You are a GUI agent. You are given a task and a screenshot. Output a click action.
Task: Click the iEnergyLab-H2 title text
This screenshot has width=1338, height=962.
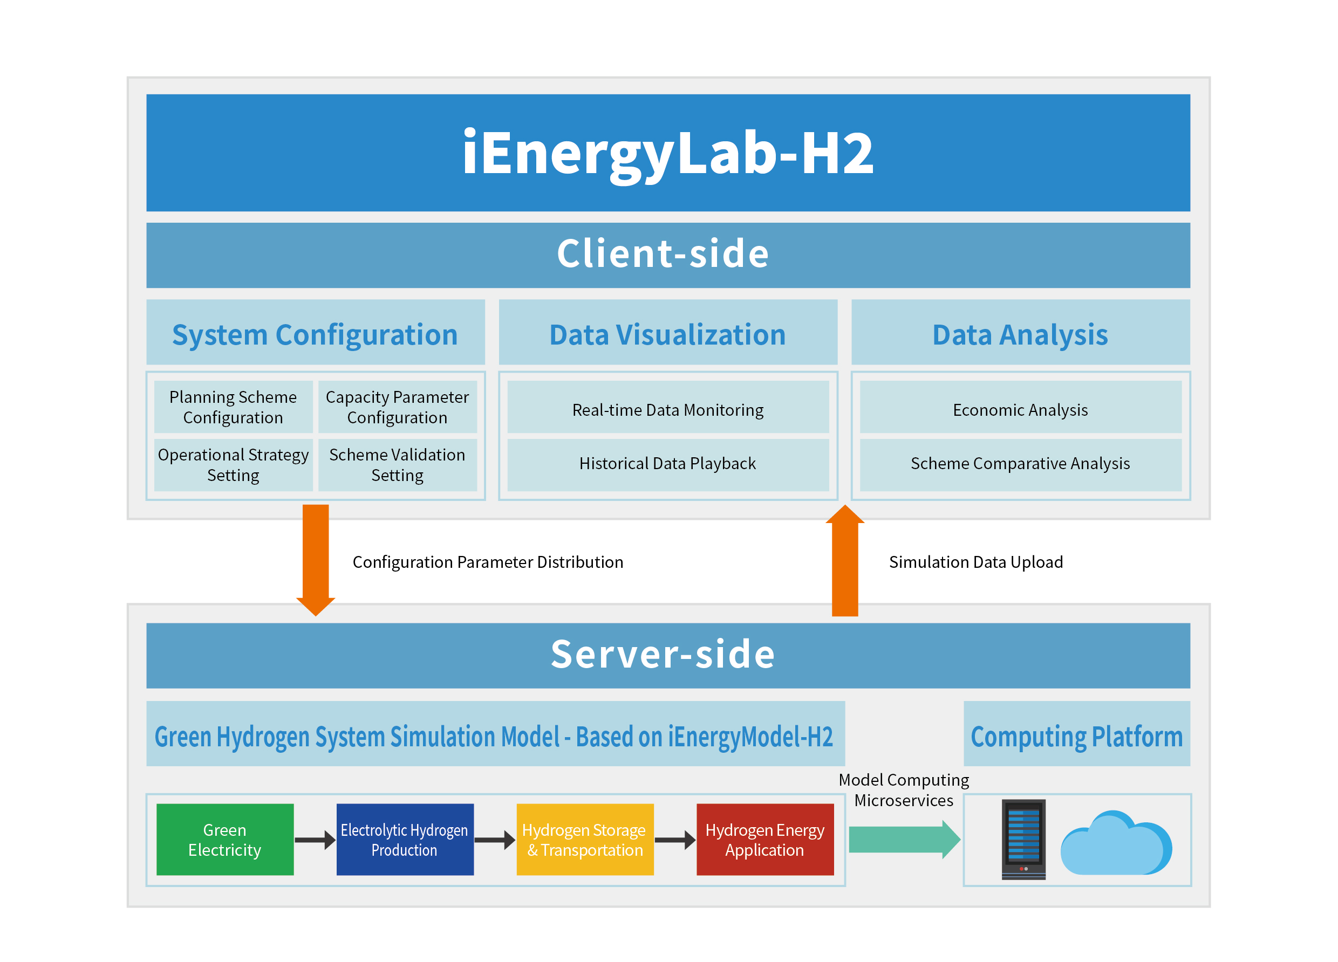coord(668,153)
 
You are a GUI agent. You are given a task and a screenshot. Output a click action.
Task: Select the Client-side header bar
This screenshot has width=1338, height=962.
coord(668,255)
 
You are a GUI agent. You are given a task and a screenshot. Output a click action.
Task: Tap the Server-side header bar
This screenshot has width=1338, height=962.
coord(668,655)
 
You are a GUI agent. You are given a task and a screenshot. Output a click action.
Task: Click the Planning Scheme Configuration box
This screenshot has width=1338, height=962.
coord(233,407)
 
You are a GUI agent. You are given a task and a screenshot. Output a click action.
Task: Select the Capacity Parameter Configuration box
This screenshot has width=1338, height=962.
coord(397,407)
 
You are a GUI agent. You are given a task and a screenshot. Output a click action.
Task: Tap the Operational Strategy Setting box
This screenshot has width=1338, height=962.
coord(233,465)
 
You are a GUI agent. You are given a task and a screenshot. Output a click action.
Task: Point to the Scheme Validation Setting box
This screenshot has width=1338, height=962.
coord(397,465)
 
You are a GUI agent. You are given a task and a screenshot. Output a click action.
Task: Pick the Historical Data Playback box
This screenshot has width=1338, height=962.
coord(668,464)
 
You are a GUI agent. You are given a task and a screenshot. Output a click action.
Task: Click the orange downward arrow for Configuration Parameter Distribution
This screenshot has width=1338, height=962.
coord(316,558)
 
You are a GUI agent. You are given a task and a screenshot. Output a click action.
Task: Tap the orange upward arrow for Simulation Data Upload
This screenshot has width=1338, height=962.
coord(845,564)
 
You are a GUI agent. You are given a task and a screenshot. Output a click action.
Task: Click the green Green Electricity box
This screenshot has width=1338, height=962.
coord(225,839)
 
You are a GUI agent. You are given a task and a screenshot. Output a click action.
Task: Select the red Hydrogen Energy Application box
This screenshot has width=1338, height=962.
coord(764,839)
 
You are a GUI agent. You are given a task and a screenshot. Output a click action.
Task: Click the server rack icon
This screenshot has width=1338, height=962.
coord(1023,839)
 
